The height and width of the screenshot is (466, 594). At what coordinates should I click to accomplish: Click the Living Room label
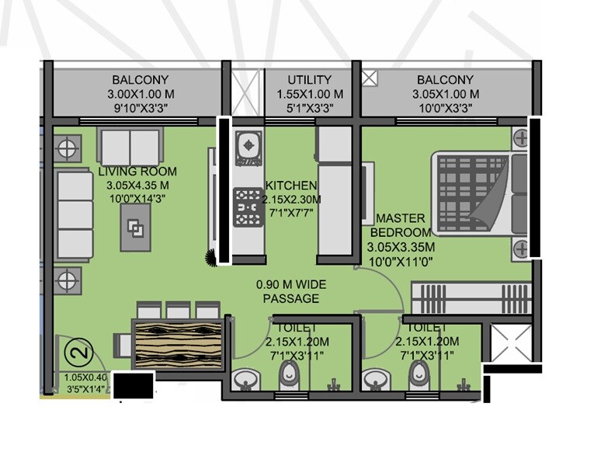[x=137, y=172]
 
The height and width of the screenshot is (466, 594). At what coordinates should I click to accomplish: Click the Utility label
[x=309, y=80]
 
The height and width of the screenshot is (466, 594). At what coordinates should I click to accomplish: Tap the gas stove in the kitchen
[x=249, y=207]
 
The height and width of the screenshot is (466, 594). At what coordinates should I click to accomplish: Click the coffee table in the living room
[x=136, y=228]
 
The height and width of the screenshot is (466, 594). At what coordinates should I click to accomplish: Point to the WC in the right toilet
[x=420, y=376]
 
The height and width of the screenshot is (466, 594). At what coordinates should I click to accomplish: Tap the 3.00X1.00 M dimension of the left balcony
[x=140, y=93]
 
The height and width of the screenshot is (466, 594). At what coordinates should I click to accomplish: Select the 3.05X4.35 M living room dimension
[x=137, y=186]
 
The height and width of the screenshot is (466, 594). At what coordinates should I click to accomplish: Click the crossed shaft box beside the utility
[x=248, y=94]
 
